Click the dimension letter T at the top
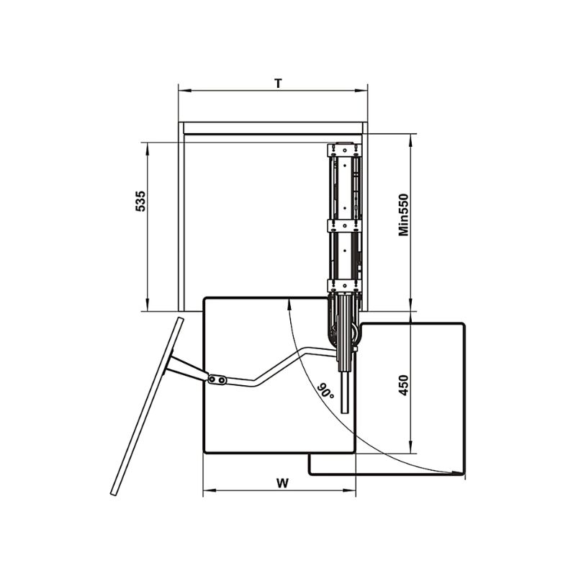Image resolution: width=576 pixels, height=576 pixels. click(x=279, y=84)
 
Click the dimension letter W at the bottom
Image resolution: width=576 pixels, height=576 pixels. click(x=282, y=483)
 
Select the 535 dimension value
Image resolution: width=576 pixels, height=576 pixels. click(x=140, y=201)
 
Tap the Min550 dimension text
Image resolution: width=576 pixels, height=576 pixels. click(x=404, y=215)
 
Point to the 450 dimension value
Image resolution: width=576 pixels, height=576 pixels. click(x=404, y=385)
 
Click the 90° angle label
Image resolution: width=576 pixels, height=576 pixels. click(x=326, y=392)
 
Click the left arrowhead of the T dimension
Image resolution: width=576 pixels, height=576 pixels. click(x=184, y=91)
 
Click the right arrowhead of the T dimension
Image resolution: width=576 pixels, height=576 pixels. click(x=361, y=91)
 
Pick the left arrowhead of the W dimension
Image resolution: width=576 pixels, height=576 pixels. click(x=210, y=490)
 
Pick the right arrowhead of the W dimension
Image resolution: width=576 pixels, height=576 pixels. click(x=349, y=490)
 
